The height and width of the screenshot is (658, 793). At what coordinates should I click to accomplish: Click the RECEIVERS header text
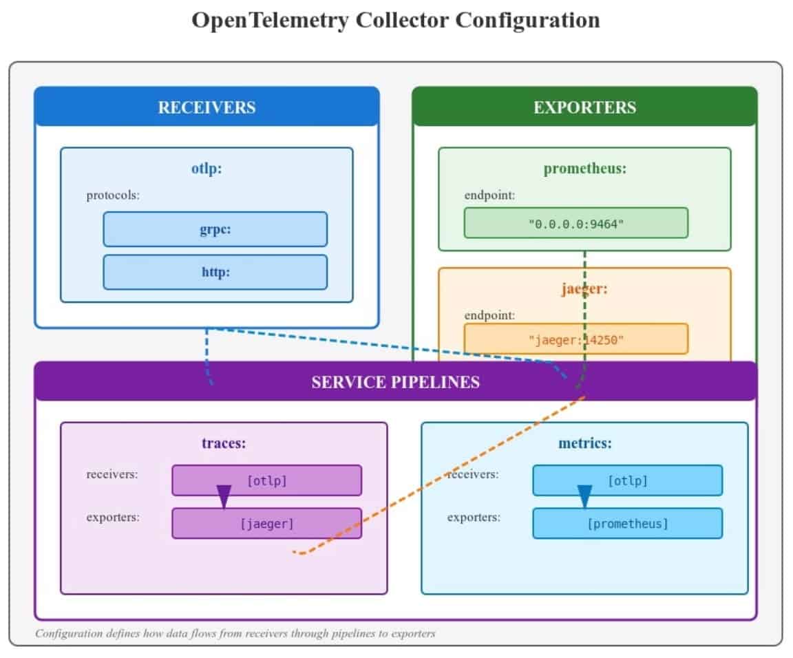click(x=207, y=107)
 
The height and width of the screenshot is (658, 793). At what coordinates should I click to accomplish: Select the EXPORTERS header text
click(x=584, y=107)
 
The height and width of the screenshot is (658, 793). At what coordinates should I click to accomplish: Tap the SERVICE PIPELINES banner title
click(x=395, y=382)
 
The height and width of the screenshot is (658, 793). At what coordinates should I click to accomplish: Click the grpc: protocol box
click(x=215, y=229)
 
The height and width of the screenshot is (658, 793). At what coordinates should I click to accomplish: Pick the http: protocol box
click(x=215, y=272)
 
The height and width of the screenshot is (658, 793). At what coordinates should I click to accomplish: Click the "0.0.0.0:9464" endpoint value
click(x=575, y=224)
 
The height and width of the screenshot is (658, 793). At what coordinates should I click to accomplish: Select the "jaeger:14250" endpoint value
click(x=575, y=339)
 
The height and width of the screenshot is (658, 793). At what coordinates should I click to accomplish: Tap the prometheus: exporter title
click(x=584, y=169)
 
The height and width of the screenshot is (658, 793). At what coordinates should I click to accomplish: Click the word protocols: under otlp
click(x=113, y=195)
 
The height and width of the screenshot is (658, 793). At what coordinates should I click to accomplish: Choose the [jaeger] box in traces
click(x=266, y=524)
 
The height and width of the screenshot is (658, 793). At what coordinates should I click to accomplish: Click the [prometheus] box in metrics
click(x=627, y=524)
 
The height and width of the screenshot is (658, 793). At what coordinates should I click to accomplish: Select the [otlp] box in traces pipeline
click(x=266, y=480)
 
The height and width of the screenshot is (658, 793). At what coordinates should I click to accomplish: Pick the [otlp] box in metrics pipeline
click(x=627, y=480)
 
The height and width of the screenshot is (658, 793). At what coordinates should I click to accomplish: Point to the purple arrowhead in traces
click(x=224, y=496)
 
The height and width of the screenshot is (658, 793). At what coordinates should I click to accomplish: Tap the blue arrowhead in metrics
click(x=584, y=496)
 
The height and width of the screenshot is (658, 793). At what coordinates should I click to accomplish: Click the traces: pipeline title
click(x=224, y=443)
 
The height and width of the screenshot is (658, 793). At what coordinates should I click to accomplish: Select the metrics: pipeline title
click(x=584, y=443)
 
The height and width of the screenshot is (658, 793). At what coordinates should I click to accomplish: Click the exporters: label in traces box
click(x=113, y=517)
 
